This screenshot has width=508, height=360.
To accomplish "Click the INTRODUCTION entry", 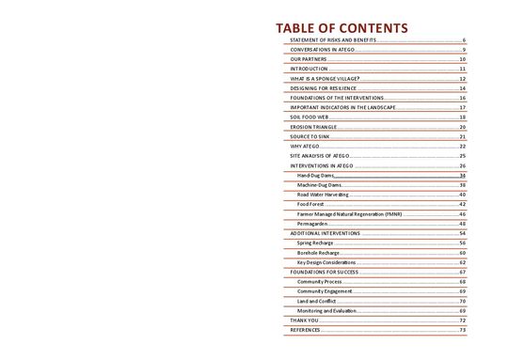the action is (x=310, y=69).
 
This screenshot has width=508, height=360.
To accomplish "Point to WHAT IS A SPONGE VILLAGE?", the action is (x=325, y=79).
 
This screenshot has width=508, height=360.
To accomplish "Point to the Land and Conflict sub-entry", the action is (x=317, y=301).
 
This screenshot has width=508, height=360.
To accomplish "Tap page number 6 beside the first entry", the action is (x=465, y=42).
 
